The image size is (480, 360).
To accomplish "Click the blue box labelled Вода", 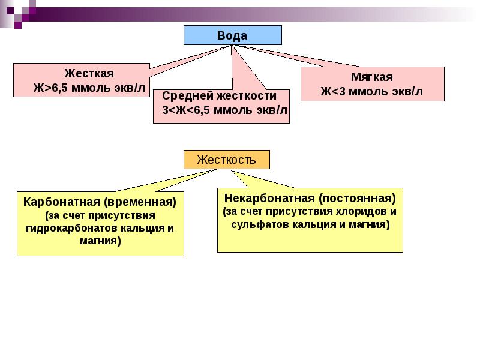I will tap(232, 35).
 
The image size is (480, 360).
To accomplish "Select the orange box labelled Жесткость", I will tap(226, 160).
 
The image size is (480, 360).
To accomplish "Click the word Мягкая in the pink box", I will tap(371, 77).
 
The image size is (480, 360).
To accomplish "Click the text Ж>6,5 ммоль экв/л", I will tap(89, 88).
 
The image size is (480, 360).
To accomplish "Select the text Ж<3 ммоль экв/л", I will tap(371, 92).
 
